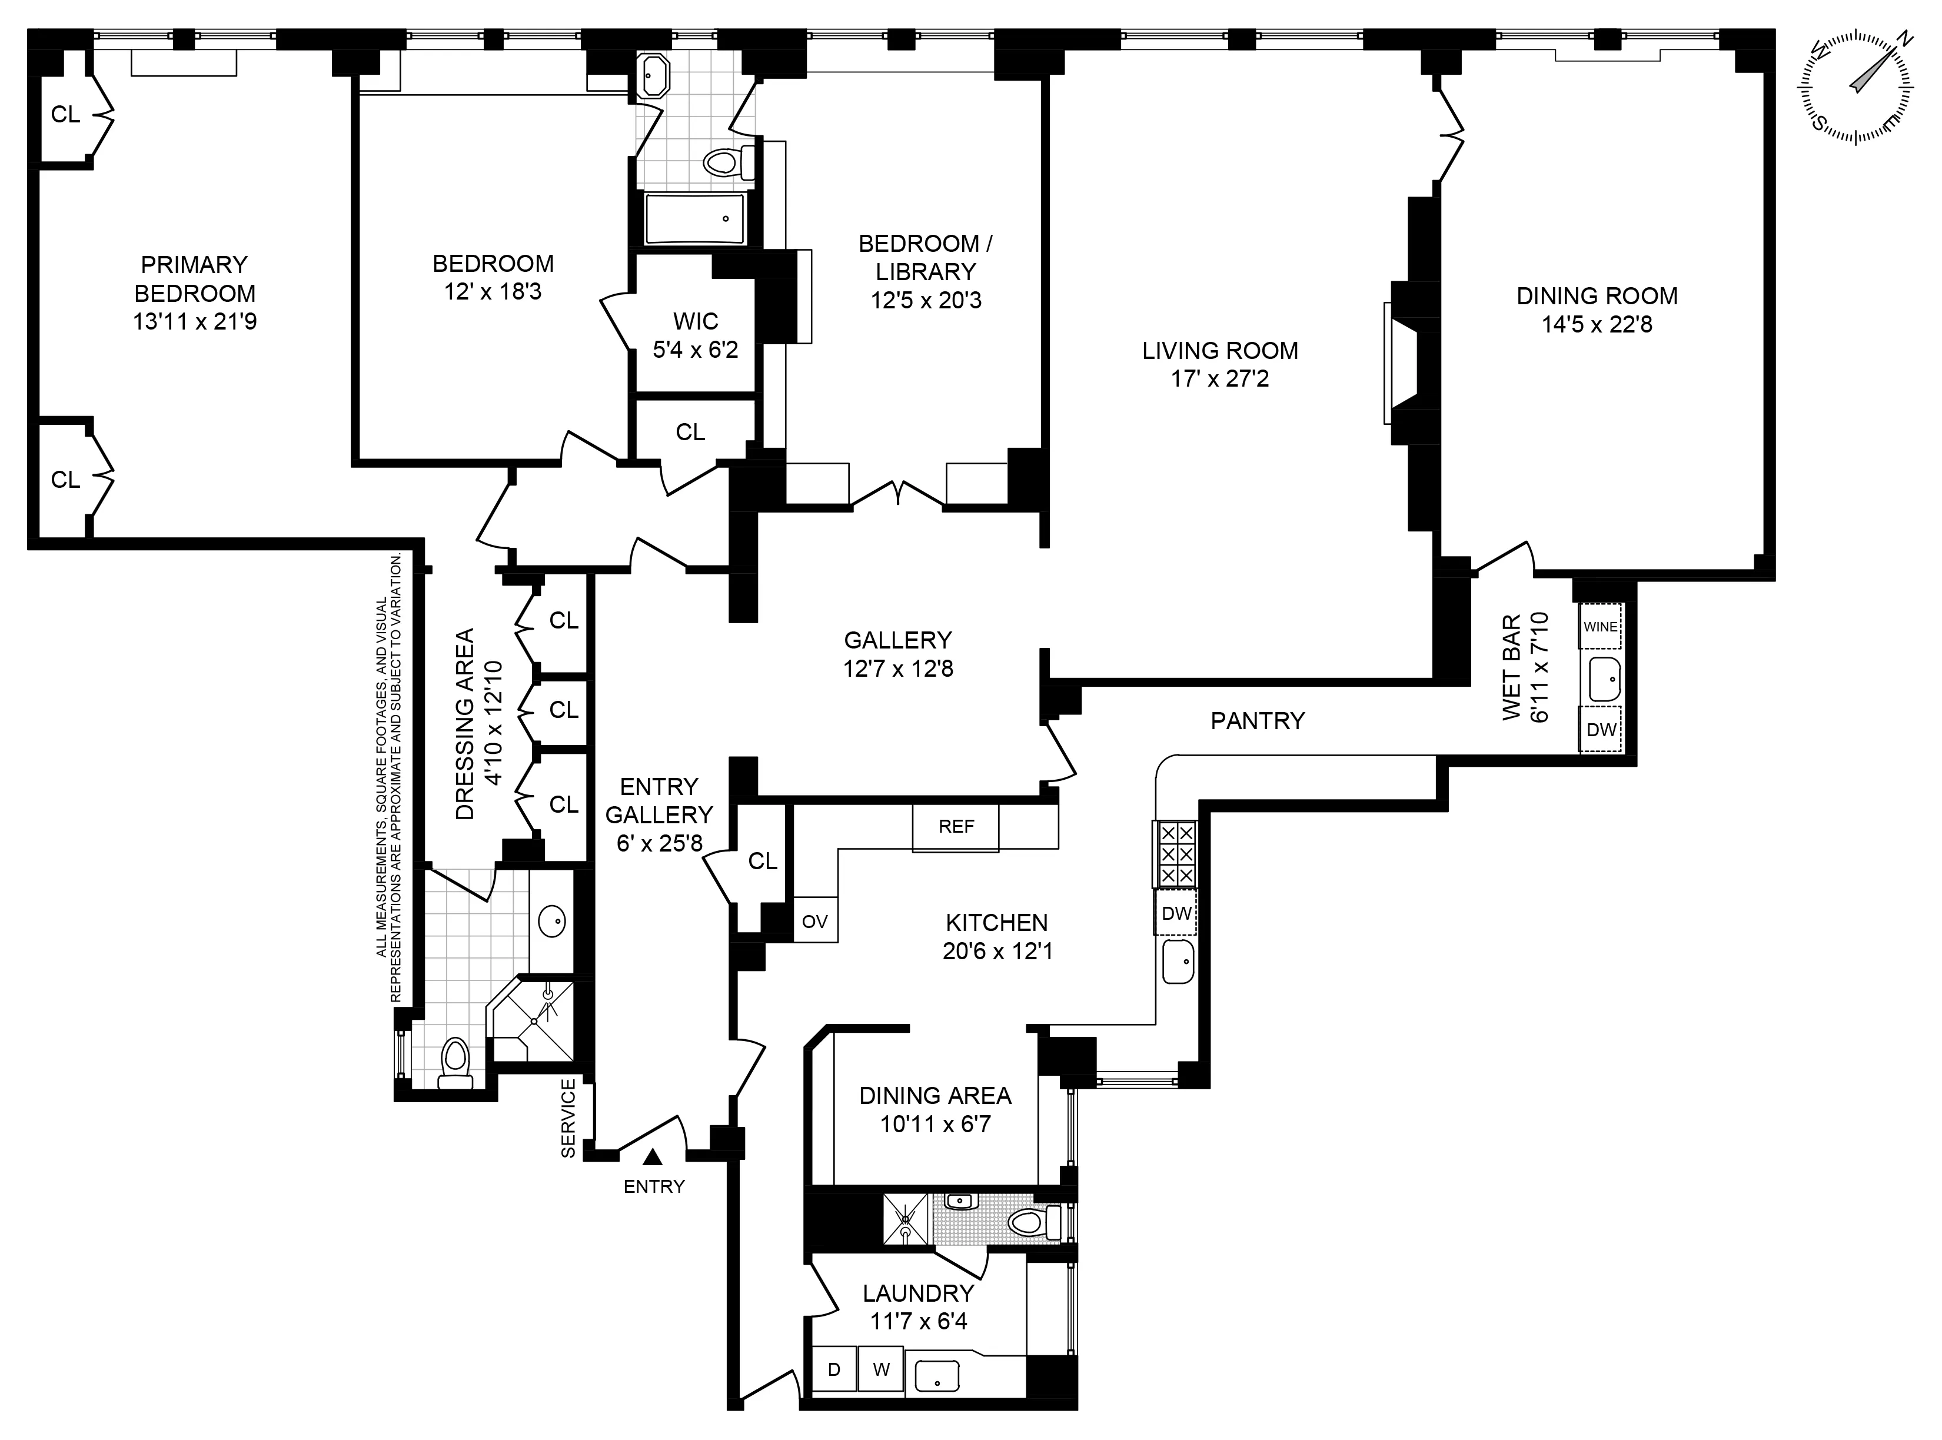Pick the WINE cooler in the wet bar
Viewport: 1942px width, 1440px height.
[1600, 626]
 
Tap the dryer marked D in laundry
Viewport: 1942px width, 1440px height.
[834, 1369]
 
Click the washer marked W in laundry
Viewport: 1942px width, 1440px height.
[881, 1369]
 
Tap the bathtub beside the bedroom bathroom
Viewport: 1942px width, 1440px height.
[694, 218]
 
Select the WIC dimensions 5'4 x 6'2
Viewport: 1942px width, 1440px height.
[696, 350]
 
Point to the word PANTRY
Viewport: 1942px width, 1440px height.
[1257, 720]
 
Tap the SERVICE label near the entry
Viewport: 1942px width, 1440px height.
[568, 1118]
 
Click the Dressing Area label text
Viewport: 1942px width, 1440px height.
[466, 723]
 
